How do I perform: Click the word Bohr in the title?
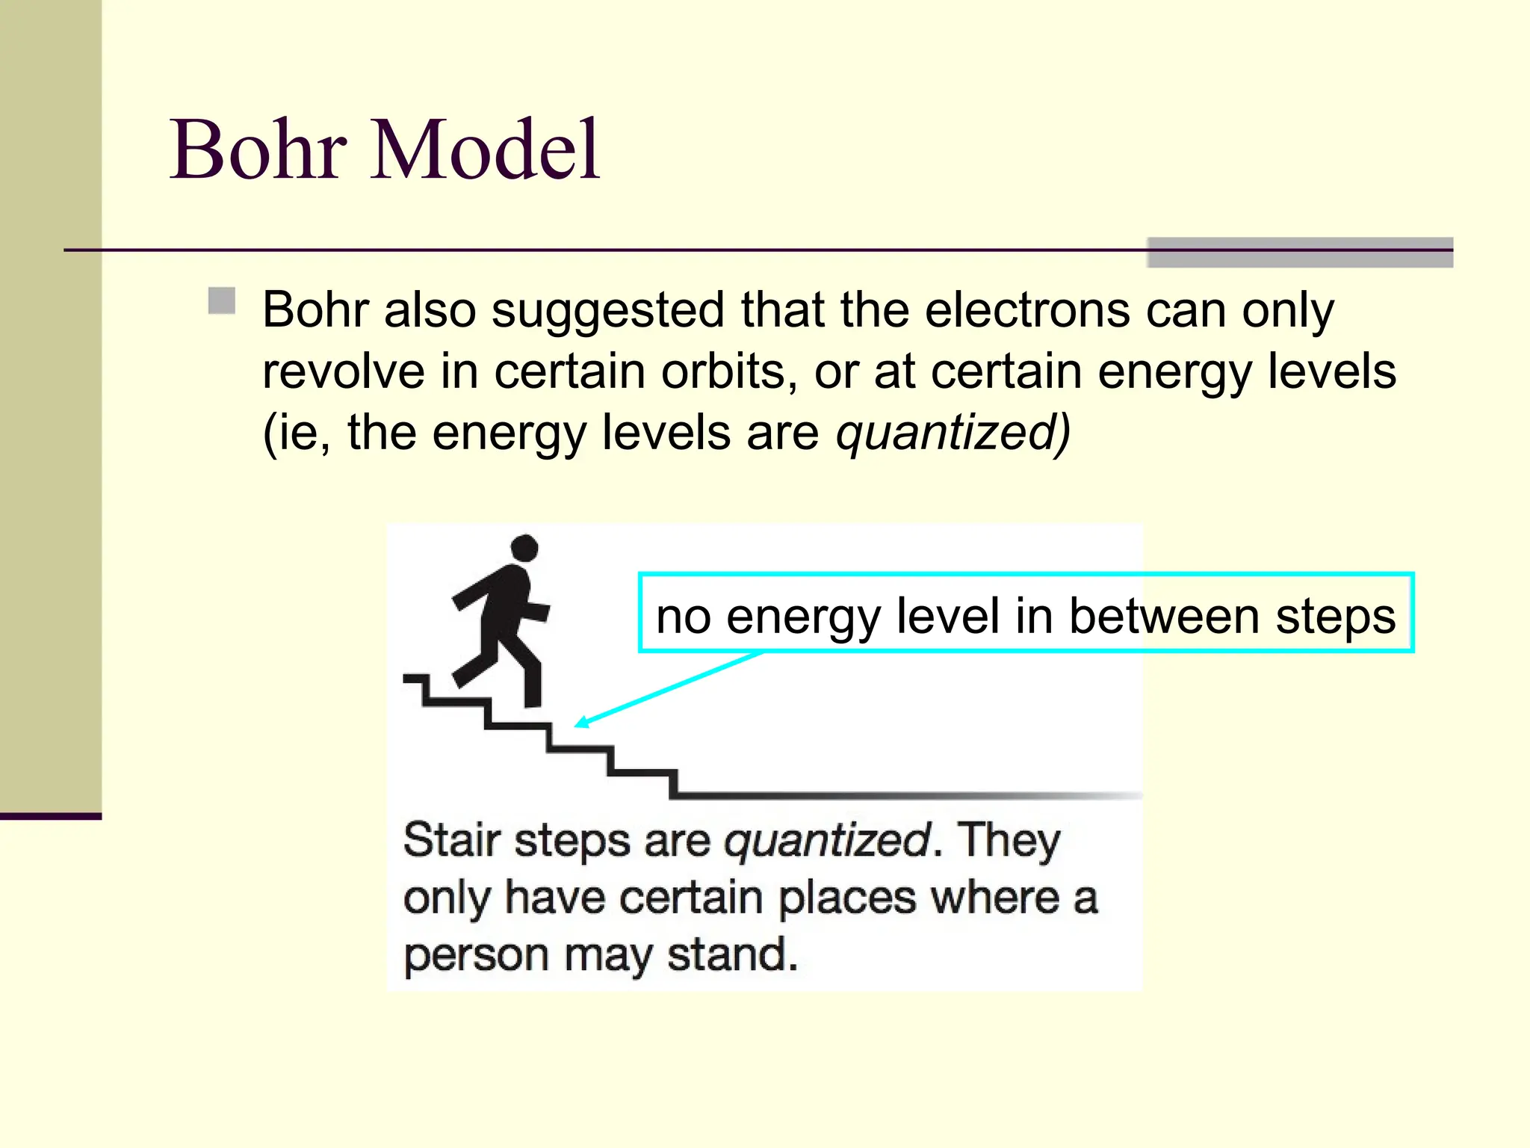[x=258, y=150]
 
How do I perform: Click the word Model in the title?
[x=486, y=150]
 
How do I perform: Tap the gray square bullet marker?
[x=222, y=300]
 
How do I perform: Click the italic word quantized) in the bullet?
[x=953, y=433]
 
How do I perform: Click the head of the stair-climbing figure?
[x=524, y=548]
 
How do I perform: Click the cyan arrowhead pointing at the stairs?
[x=580, y=722]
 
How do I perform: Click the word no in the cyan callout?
[x=683, y=617]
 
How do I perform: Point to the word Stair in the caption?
[x=451, y=840]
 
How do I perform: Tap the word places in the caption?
[x=847, y=899]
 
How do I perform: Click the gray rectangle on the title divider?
[x=1299, y=253]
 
